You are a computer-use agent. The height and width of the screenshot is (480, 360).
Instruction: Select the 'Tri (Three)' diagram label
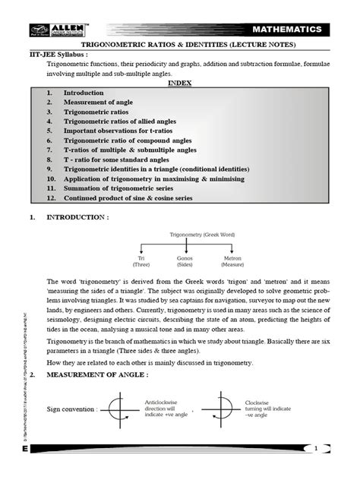(x=141, y=262)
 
